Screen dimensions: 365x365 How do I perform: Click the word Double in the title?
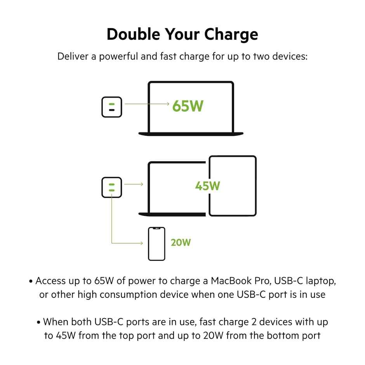(132, 35)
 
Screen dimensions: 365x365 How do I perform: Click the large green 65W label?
(188, 106)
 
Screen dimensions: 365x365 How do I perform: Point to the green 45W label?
(208, 186)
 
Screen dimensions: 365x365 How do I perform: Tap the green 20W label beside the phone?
(181, 243)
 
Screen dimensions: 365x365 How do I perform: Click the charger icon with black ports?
(112, 107)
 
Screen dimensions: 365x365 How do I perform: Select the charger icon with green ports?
(112, 187)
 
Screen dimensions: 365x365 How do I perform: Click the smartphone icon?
(156, 243)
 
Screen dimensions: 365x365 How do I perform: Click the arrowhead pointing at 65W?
(167, 104)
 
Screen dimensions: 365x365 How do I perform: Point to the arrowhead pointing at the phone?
(141, 243)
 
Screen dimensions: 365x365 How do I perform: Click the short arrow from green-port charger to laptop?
(134, 184)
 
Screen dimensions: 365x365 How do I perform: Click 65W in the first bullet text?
(104, 280)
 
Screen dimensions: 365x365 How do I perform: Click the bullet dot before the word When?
(39, 322)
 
